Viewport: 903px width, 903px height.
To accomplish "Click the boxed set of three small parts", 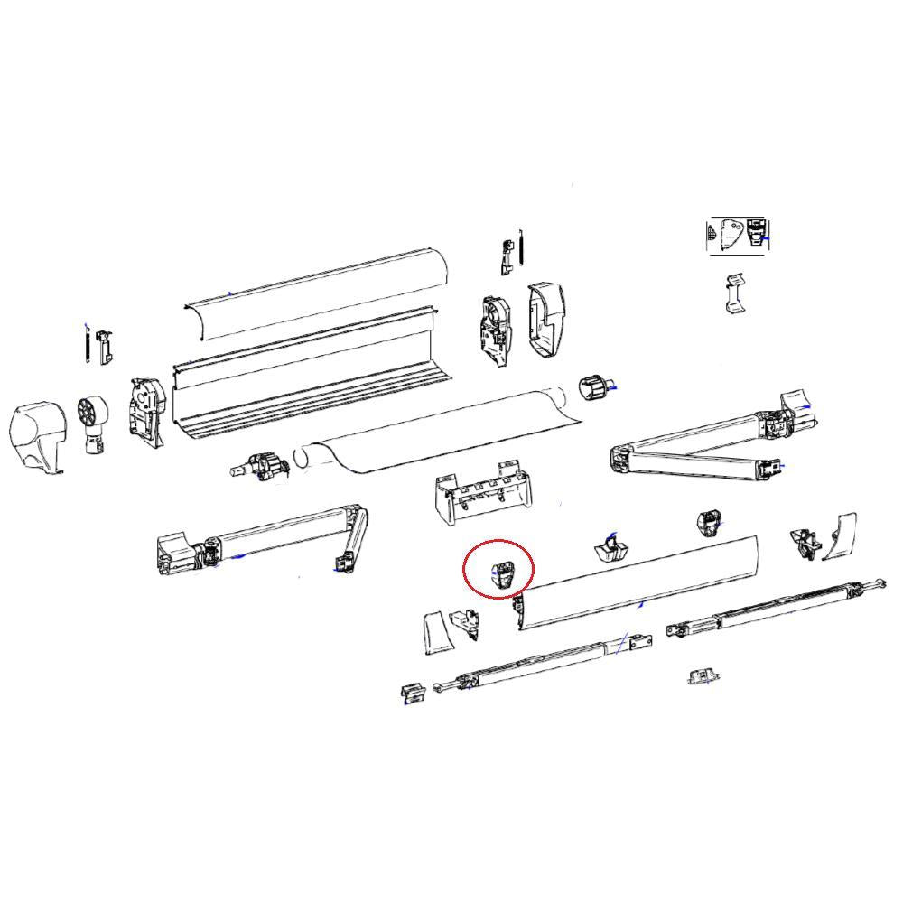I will [737, 235].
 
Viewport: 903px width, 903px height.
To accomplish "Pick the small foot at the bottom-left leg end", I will [414, 693].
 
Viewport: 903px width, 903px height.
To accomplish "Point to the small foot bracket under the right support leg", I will [703, 676].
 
